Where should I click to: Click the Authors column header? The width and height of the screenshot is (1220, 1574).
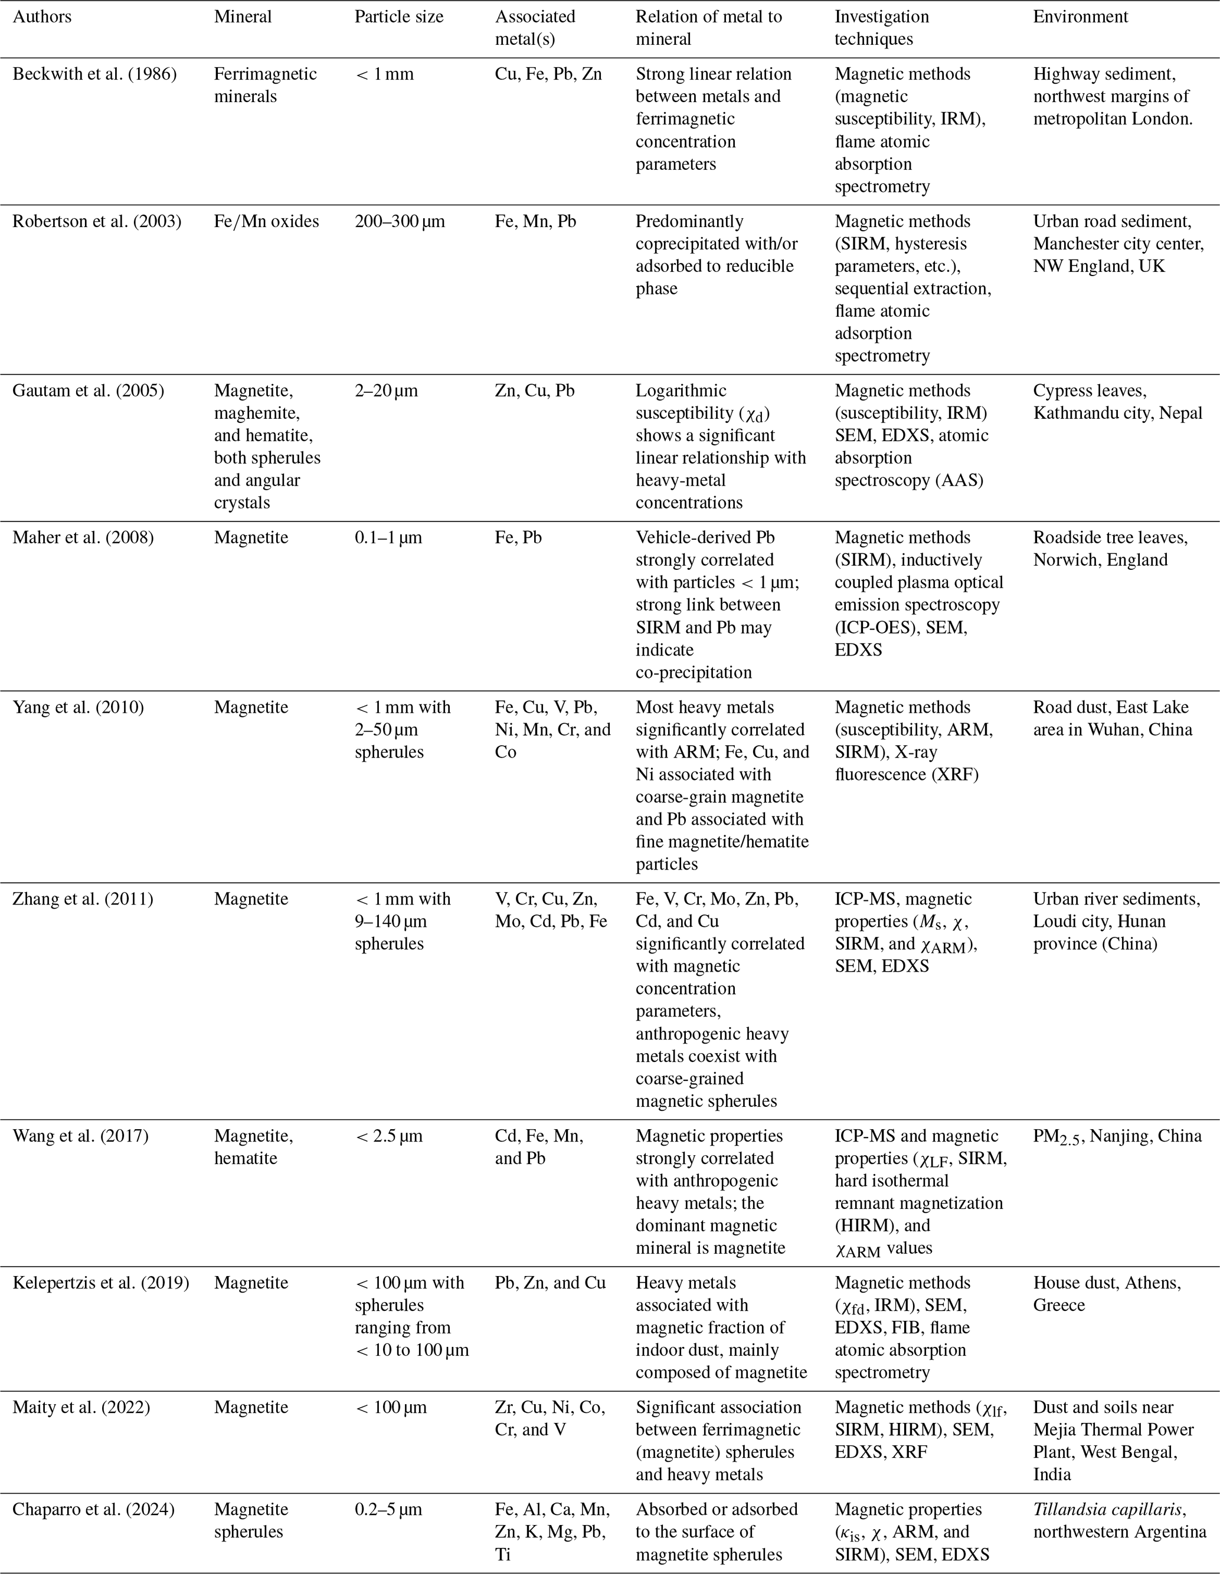(42, 17)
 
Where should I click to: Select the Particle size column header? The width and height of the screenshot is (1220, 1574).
(399, 17)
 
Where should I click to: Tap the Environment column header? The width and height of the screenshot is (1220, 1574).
(1080, 17)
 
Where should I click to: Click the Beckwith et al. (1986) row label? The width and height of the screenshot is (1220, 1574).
(94, 74)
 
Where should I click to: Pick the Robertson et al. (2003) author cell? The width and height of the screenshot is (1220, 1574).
(97, 221)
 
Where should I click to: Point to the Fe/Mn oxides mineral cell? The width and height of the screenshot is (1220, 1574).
(266, 221)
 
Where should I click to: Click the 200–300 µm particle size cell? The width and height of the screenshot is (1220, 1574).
(400, 221)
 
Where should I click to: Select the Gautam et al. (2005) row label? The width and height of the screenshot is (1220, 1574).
(88, 391)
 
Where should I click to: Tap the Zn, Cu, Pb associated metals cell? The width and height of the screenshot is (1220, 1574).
(534, 391)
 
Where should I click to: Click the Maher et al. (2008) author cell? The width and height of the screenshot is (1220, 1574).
(83, 537)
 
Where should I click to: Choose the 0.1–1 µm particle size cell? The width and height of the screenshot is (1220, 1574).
(388, 537)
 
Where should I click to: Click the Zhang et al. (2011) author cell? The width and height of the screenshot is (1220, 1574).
(83, 899)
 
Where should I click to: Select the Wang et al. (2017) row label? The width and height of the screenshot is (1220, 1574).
(81, 1136)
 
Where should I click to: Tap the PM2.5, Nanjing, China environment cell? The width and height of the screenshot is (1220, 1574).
(1117, 1136)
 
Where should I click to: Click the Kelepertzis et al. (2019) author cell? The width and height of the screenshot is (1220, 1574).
(101, 1283)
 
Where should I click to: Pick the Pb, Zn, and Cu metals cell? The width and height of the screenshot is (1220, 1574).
(550, 1283)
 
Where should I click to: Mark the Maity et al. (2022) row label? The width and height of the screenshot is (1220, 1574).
(81, 1407)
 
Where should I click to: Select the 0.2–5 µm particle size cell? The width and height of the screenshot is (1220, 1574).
(388, 1509)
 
